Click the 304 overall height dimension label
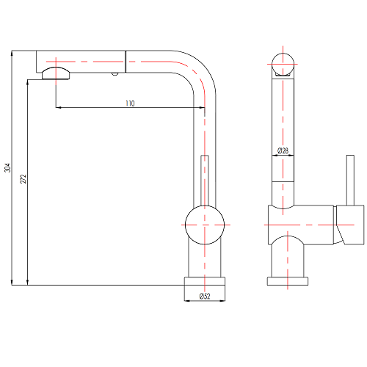pos(8,167)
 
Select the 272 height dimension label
pos(23,179)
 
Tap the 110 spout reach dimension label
pos(130,103)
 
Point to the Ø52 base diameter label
pos(205,297)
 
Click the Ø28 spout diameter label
pos(283,150)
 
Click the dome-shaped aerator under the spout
pos(56,73)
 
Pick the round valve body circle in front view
pos(205,225)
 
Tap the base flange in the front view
pos(205,281)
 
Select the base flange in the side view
pos(288,281)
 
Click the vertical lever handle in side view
pos(350,180)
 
